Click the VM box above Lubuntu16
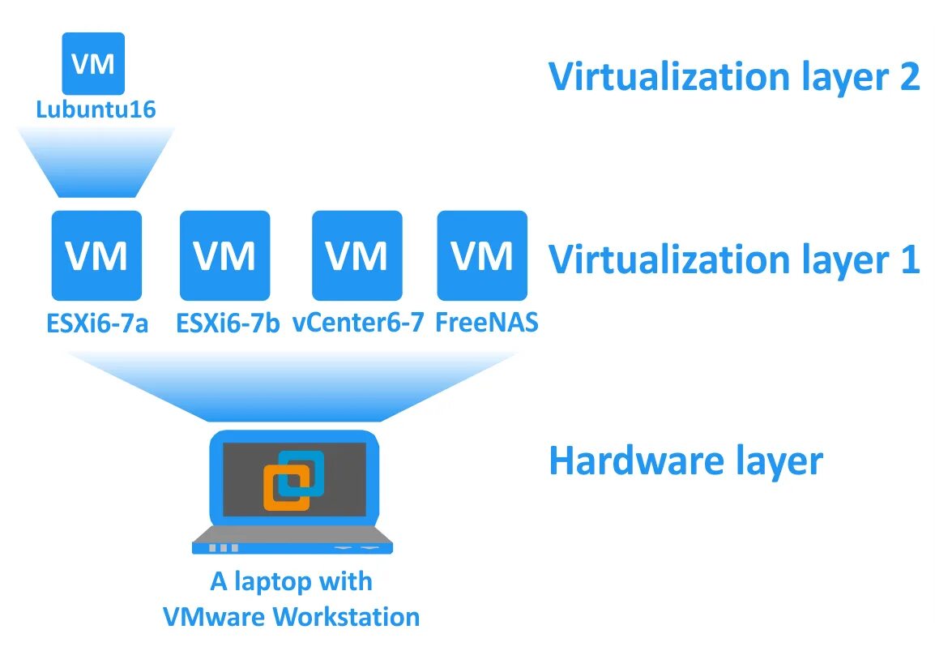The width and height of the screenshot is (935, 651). [93, 62]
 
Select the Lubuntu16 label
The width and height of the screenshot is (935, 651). [95, 109]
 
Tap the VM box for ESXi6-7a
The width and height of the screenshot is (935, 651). [96, 255]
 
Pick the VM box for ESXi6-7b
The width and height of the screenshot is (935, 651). [224, 255]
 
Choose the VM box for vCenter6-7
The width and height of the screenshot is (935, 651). [356, 255]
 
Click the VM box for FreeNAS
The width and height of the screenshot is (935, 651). [482, 255]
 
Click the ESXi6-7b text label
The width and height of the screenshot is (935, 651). [228, 323]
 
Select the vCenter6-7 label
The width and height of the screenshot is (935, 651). [358, 323]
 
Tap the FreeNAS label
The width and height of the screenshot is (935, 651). [487, 323]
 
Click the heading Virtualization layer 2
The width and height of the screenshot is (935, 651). [733, 77]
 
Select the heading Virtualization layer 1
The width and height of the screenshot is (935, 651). [733, 259]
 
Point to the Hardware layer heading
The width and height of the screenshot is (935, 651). [685, 460]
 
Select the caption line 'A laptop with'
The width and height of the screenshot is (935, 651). [291, 581]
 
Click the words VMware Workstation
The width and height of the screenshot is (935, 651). [291, 616]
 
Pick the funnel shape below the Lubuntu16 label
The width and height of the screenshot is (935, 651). [95, 162]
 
